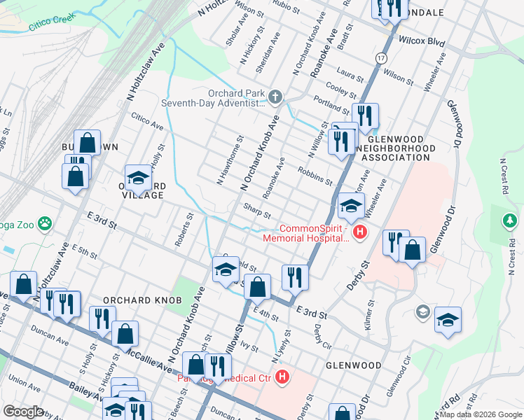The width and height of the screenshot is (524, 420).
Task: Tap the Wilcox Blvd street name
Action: (422, 42)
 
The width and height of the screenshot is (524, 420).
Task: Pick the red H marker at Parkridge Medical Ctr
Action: (282, 378)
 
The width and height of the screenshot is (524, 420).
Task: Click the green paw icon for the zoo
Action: (45, 223)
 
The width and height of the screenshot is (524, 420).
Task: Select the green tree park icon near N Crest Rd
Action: (510, 222)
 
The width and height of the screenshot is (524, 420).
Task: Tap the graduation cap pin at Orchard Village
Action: (138, 178)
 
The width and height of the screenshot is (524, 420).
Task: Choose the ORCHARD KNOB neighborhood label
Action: (137, 300)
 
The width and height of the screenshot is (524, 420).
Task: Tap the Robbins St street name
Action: (315, 176)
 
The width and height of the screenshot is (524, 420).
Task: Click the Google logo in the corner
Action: (23, 412)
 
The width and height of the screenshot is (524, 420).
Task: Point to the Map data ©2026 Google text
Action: (481, 414)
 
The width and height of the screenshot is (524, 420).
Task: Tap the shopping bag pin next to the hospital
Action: (413, 251)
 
